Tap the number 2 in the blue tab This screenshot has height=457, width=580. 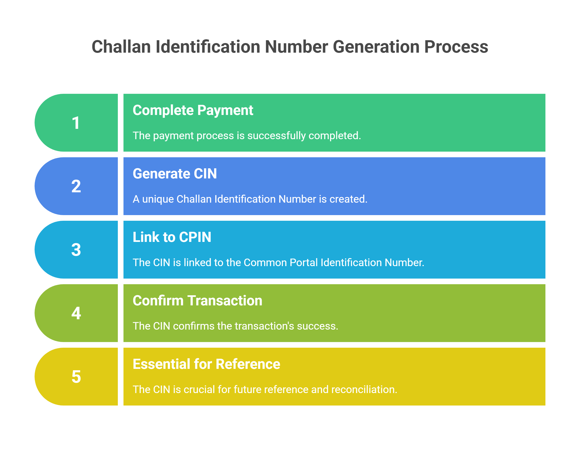point(76,186)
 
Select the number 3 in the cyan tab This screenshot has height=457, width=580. point(76,250)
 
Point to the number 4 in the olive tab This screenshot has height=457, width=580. point(76,313)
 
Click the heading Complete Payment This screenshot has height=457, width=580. point(193,110)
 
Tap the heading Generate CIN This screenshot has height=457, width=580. point(175,174)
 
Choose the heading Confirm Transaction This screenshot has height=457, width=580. point(197,300)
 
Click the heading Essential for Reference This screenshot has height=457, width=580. point(206,364)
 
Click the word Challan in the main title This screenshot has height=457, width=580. point(121,47)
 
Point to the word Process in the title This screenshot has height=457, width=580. point(456,47)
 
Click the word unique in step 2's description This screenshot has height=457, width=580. point(158,199)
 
